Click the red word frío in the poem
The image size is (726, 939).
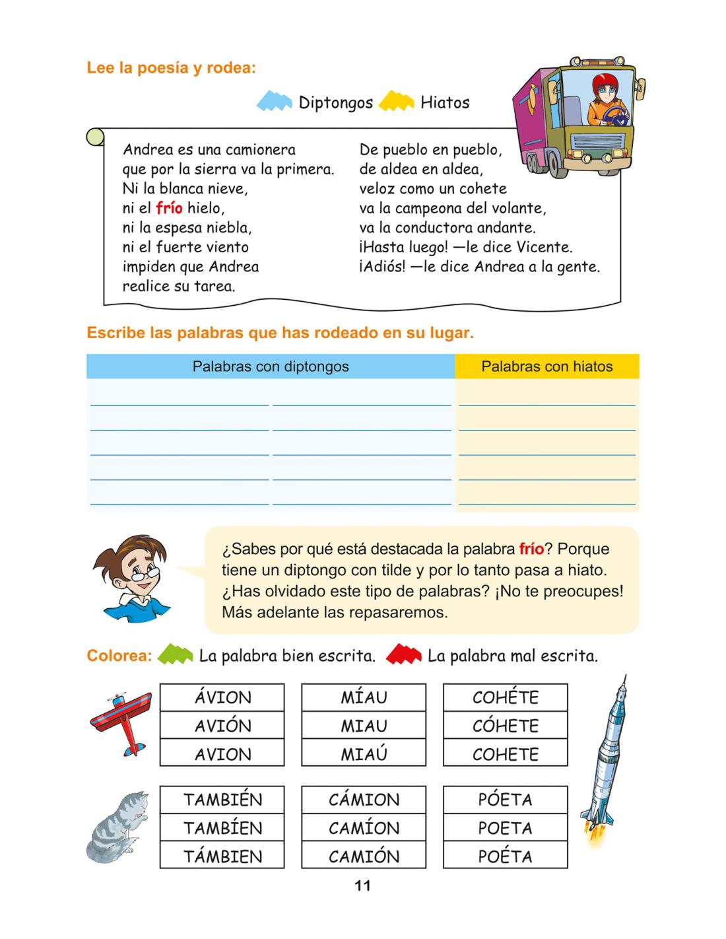(169, 209)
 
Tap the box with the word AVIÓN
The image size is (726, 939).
(222, 726)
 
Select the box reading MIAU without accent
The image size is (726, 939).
(364, 726)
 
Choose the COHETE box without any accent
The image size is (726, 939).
(505, 754)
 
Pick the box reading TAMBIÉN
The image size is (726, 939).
(222, 800)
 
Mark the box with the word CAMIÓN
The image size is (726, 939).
(364, 856)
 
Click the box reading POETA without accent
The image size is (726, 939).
(505, 828)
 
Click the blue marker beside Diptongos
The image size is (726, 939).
(274, 102)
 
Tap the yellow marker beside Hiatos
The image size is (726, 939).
(396, 102)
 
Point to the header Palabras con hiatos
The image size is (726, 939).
(546, 366)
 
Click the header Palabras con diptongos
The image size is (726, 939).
(271, 366)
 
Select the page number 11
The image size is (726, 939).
(363, 886)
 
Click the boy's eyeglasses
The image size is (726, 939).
(144, 574)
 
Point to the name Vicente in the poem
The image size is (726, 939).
(544, 248)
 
